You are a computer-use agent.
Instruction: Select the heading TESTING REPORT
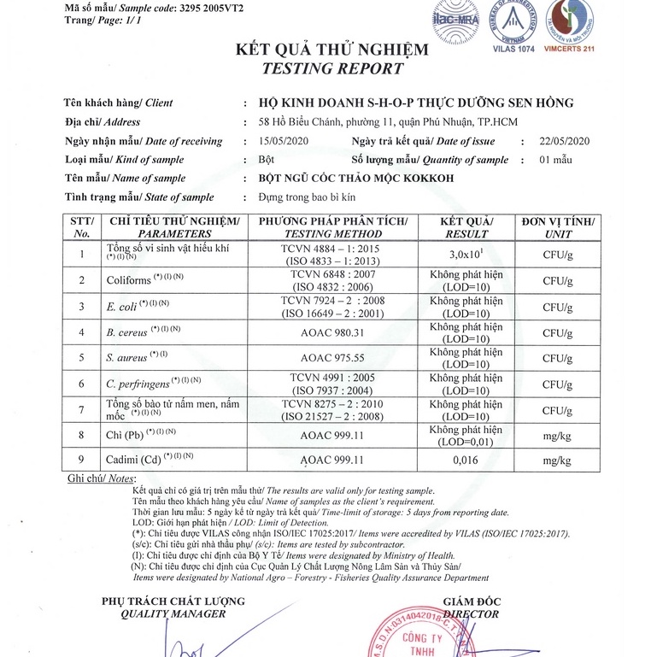pos(332,68)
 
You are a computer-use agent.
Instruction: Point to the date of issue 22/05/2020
pos(566,141)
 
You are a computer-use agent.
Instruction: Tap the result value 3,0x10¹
pos(466,254)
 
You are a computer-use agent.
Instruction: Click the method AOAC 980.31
pos(333,331)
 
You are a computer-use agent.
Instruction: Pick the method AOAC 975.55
pos(333,357)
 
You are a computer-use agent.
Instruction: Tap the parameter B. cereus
pos(123,331)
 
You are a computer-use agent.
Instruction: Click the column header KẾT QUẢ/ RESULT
pos(466,227)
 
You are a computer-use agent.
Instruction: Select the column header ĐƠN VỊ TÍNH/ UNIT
pos(558,227)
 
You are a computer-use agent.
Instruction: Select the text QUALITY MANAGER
pos(173,613)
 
